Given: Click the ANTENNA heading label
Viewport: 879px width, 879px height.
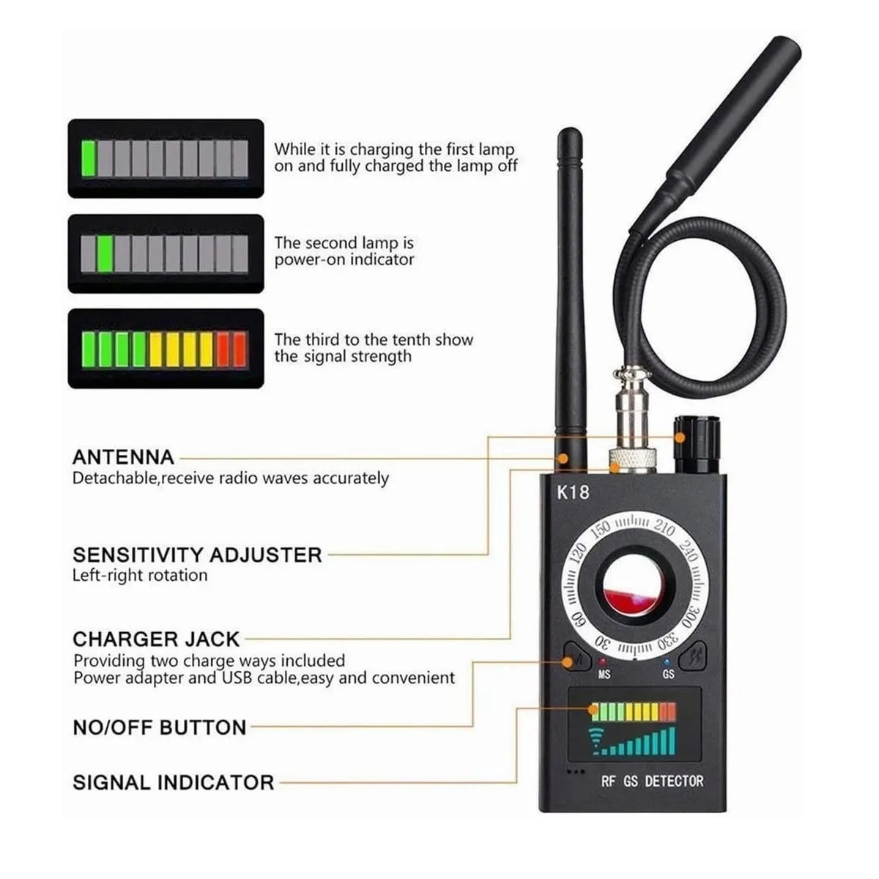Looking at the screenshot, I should [123, 458].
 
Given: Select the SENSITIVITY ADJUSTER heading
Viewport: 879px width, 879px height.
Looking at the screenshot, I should [197, 555].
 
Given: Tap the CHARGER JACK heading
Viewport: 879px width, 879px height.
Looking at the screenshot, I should [156, 639].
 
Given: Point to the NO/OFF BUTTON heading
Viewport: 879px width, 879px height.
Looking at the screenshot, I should [160, 727].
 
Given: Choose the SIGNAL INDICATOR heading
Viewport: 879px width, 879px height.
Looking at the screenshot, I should [173, 782].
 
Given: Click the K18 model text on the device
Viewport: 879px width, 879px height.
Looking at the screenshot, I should [573, 492].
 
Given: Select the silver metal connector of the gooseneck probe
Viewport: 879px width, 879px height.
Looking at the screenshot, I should [634, 432].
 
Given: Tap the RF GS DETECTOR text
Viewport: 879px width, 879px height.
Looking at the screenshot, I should [652, 782].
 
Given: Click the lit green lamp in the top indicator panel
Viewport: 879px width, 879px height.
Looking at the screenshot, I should [89, 159].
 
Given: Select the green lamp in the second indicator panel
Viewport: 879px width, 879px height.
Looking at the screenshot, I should [105, 253].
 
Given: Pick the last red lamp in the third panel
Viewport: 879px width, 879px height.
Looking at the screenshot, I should [240, 349].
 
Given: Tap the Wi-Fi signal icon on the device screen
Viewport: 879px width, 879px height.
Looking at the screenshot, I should [597, 742].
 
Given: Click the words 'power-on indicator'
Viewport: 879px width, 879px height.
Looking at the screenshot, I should [344, 260].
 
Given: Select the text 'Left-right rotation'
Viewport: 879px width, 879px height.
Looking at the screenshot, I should [140, 576].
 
